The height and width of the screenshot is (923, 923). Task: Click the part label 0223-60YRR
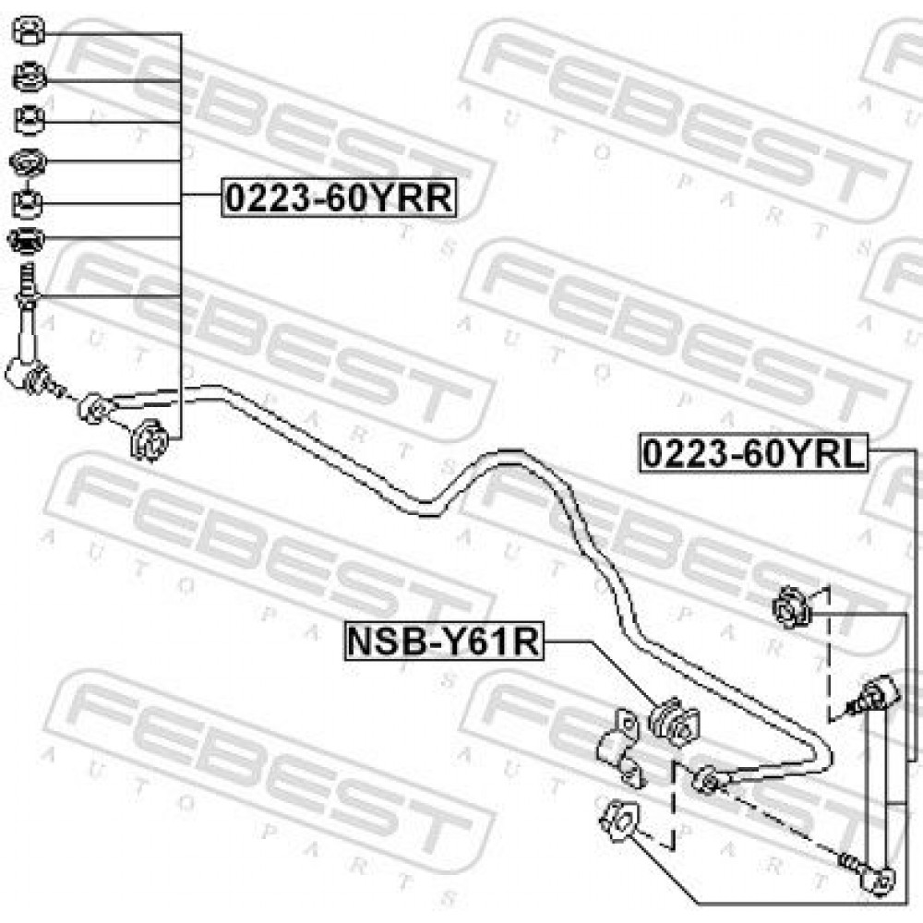pos(339,198)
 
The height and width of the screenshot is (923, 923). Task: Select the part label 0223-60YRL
pos(753,454)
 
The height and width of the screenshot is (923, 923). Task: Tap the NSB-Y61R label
pos(444,641)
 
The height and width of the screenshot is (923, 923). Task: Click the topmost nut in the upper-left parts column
pos(29,31)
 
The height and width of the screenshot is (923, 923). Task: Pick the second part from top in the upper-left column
pos(29,78)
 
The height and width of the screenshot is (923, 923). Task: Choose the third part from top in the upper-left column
pos(29,120)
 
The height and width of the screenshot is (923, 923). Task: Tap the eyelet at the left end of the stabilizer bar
pos(94,408)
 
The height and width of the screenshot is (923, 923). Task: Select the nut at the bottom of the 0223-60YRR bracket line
pos(150,439)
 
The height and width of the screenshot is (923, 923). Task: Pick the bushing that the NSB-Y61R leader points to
pos(675,722)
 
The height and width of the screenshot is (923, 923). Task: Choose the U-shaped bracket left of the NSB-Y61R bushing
pos(621,747)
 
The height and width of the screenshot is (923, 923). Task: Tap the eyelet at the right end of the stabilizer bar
pos(707,781)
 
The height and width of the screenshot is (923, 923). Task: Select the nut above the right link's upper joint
pos(792,607)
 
